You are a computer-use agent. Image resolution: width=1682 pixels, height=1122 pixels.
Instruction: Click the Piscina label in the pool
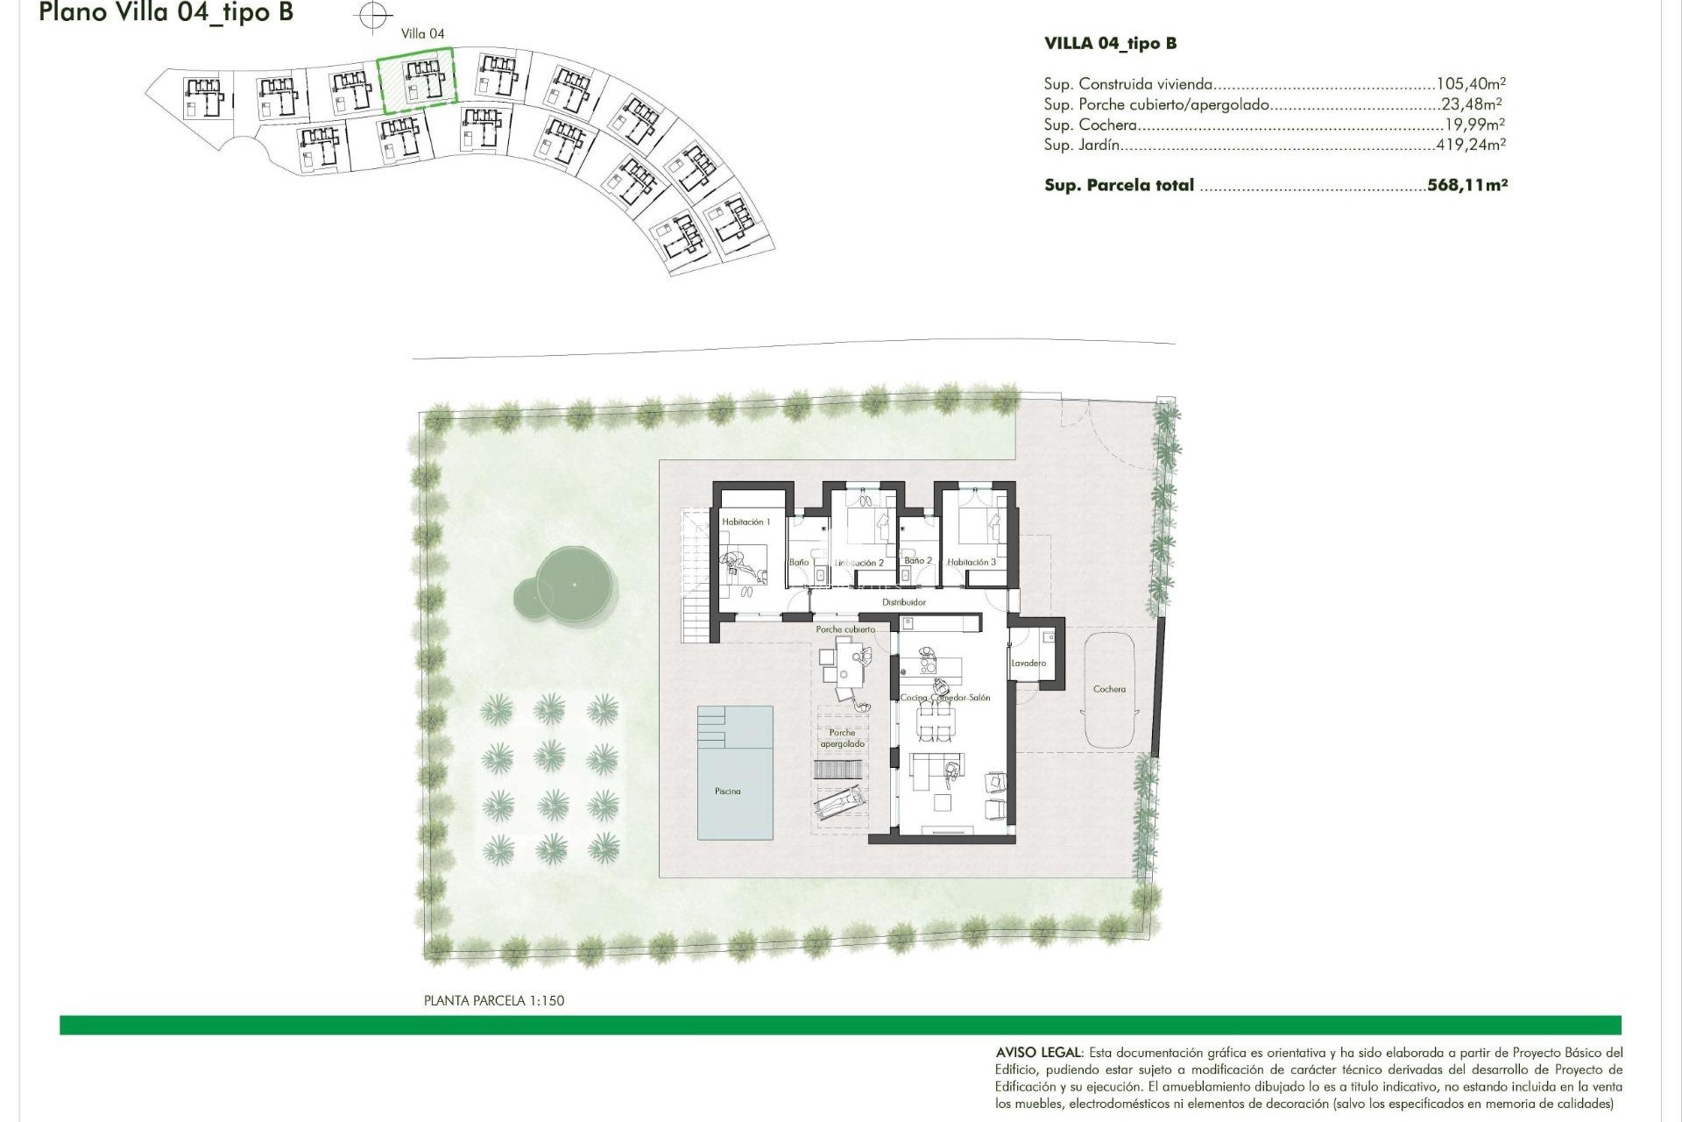click(x=727, y=792)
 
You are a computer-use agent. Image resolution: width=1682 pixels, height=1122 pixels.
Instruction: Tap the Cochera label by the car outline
click(x=1109, y=689)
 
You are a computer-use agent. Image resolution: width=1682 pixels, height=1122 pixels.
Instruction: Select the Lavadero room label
click(x=1028, y=664)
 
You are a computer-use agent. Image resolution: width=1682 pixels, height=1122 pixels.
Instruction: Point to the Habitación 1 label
click(x=746, y=522)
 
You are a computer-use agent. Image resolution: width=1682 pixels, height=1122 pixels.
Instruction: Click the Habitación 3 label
click(x=972, y=563)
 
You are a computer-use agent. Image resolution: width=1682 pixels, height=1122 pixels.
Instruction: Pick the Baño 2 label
click(x=917, y=561)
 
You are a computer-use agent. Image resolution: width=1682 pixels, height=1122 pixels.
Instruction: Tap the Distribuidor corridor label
click(x=904, y=603)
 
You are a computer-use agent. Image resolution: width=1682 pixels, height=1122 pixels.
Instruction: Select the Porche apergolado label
click(x=842, y=738)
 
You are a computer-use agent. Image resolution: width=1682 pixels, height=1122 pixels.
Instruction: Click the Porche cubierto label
click(x=845, y=629)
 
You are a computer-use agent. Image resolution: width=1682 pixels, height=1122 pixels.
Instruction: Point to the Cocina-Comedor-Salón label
click(x=945, y=698)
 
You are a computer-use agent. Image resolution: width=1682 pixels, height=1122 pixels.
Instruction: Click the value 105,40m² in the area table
click(x=1470, y=84)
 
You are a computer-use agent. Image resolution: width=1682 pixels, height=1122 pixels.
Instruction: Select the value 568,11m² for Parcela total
click(x=1466, y=185)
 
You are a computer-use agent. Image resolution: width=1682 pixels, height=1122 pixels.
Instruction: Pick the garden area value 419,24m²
click(x=1470, y=145)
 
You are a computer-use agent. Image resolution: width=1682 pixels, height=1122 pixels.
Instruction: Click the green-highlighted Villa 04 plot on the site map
click(x=417, y=81)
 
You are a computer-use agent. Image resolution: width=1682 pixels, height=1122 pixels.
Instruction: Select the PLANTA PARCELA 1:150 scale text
click(x=493, y=1000)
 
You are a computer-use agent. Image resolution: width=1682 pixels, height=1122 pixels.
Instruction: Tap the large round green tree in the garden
click(x=574, y=584)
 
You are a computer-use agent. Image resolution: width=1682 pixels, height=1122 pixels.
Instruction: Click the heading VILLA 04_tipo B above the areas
click(x=1110, y=43)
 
